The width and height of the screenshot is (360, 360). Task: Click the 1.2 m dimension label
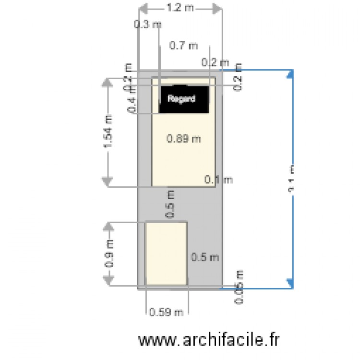(x=180, y=8)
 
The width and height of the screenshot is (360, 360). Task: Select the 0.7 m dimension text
(x=183, y=46)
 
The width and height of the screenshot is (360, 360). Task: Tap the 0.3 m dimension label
(x=147, y=25)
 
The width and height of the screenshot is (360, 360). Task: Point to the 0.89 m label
(x=183, y=139)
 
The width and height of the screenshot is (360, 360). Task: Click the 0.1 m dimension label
(x=218, y=180)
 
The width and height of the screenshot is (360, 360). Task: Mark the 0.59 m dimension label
(x=166, y=312)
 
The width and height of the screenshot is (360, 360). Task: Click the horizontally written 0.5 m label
(x=205, y=257)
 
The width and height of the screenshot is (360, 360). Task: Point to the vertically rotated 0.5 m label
(x=169, y=204)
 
